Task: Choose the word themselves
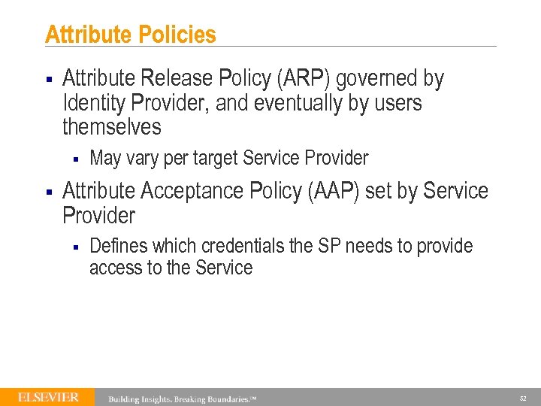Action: (112, 127)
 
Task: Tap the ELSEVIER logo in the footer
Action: (48, 397)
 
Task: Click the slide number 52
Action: (522, 398)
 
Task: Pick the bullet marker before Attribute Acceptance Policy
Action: (49, 192)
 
